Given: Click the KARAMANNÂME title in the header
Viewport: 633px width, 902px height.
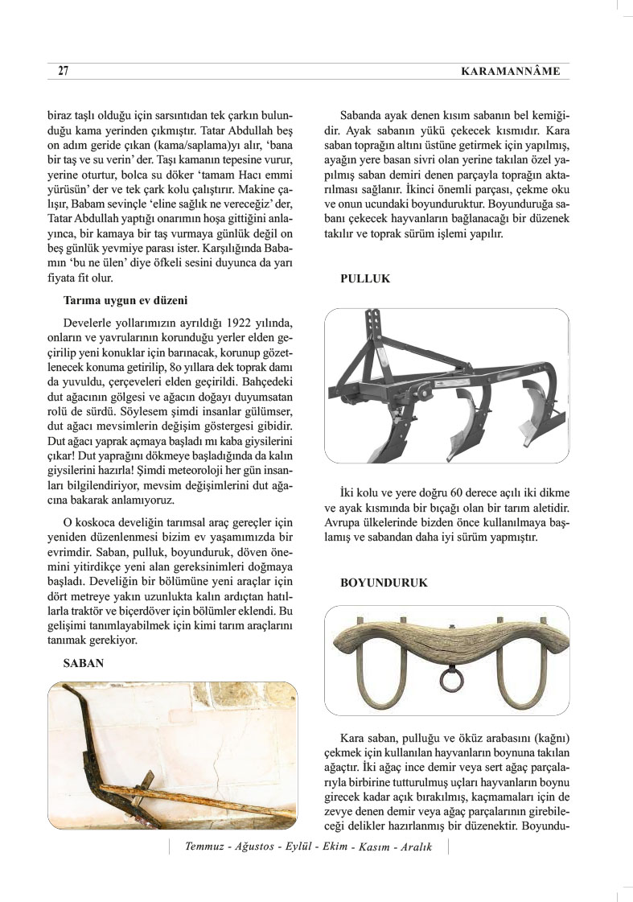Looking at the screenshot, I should tap(510, 72).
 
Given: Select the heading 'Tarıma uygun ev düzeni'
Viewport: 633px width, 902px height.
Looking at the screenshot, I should tap(125, 301).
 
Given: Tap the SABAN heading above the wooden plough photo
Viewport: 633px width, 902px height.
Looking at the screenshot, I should tap(82, 665).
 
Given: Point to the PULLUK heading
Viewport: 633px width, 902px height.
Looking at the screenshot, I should tap(365, 278).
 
